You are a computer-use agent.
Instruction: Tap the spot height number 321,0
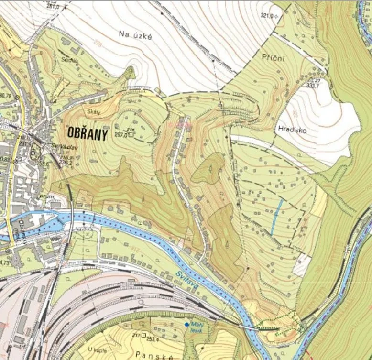(x=267, y=16)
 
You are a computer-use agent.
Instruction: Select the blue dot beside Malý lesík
(x=186, y=325)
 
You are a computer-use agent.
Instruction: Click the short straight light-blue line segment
(x=276, y=217)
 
